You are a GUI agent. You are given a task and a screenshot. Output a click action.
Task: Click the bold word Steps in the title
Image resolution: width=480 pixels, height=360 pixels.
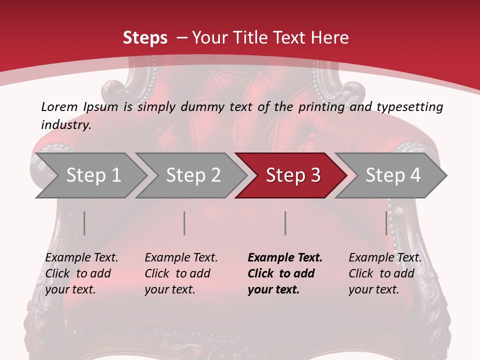point(145,38)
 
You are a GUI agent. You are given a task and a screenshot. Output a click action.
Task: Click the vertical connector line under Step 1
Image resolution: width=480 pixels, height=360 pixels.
point(84,223)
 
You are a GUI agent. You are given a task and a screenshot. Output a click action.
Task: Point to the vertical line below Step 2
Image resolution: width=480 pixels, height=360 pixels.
point(184,223)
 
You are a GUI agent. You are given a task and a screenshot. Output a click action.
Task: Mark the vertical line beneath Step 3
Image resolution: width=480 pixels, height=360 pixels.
point(285,223)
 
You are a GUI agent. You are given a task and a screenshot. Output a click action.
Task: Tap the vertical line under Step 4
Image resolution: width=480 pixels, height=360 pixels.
point(386,223)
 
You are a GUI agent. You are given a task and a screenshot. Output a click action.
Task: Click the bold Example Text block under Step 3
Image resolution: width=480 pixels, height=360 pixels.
point(285,273)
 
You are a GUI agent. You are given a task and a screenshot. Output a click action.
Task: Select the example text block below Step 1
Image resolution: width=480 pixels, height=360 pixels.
point(82,273)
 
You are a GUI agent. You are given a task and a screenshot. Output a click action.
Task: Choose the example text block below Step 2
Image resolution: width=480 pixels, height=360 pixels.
point(181,273)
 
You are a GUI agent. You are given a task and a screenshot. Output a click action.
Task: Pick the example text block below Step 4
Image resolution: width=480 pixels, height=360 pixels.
point(385,273)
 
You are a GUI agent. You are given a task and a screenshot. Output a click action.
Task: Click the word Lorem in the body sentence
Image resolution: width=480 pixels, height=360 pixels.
point(59,106)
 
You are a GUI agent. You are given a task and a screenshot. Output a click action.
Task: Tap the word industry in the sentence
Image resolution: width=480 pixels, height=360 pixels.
point(65,125)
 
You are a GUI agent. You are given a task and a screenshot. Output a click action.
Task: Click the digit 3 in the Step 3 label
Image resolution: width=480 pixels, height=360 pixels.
point(315,175)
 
